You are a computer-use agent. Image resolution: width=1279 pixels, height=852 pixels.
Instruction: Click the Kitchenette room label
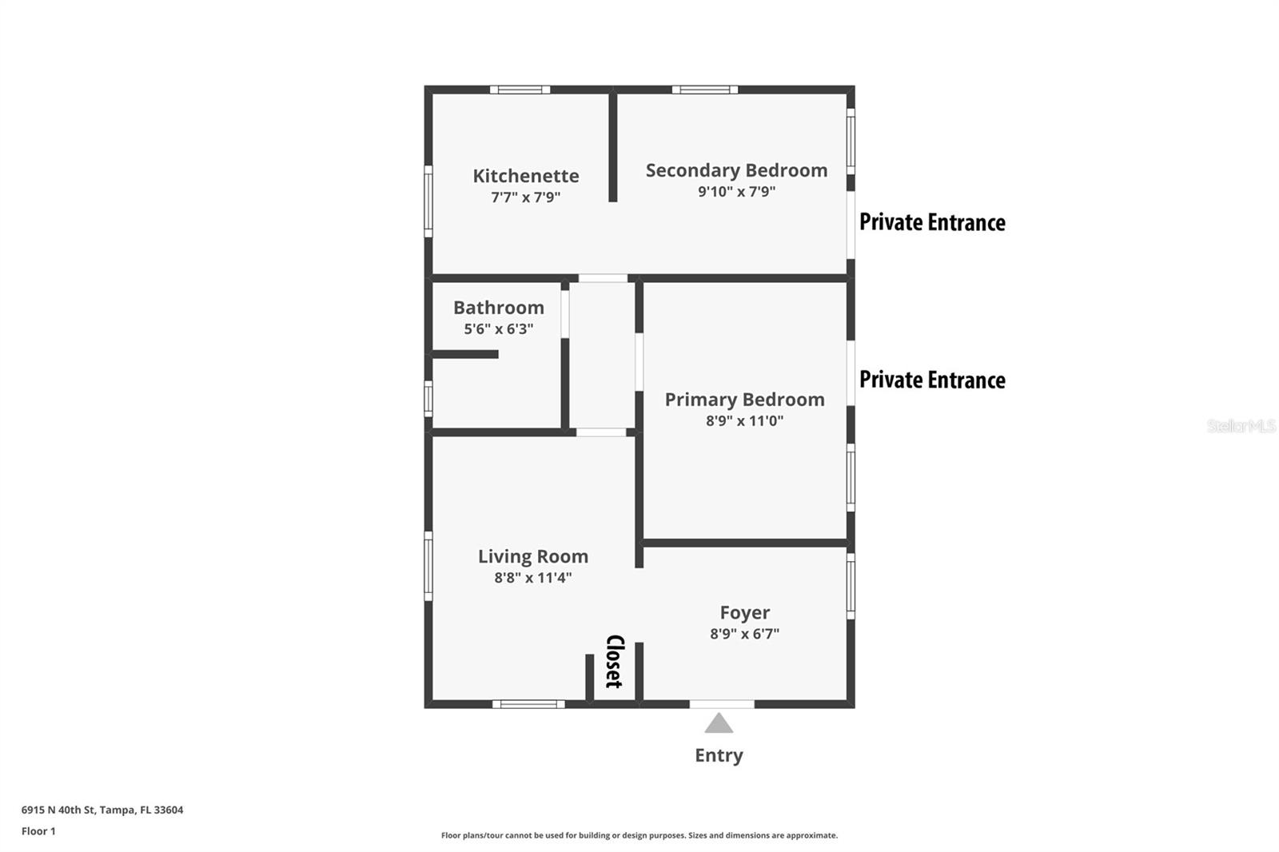(x=525, y=176)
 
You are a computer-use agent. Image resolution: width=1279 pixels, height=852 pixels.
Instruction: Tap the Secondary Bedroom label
(x=736, y=170)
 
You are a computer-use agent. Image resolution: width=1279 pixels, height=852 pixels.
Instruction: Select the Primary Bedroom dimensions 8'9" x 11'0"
(x=744, y=420)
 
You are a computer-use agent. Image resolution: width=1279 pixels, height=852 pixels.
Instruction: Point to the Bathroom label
(x=498, y=308)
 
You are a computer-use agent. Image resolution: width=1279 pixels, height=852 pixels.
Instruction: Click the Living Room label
(x=532, y=556)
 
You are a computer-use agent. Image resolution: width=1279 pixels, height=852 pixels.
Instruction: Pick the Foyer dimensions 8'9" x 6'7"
(x=744, y=634)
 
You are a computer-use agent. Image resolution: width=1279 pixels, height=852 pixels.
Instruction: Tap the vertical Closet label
(x=614, y=661)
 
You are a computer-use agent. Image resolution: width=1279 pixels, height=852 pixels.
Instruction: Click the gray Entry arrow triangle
(x=719, y=723)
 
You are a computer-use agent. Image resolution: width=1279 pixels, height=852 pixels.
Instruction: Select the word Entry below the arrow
(x=719, y=755)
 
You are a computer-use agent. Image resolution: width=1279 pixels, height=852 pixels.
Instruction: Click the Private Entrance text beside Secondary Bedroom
(x=932, y=222)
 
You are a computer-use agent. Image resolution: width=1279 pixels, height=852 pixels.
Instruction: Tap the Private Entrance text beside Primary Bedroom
(x=932, y=380)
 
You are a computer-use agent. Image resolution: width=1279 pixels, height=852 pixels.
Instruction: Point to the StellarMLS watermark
(x=1241, y=426)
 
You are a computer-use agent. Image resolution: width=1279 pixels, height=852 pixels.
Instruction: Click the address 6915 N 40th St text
(x=102, y=810)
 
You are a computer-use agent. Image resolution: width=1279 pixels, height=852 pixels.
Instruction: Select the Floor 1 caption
(x=38, y=831)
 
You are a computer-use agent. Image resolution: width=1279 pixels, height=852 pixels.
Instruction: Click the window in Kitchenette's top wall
(x=520, y=90)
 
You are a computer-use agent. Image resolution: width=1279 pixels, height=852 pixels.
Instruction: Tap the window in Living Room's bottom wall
(x=528, y=704)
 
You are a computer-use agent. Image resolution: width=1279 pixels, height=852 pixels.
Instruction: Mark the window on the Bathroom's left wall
(x=428, y=398)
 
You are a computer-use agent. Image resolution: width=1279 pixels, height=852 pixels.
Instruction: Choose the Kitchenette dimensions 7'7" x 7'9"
(x=525, y=197)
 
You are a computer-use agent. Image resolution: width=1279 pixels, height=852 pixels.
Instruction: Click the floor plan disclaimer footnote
(x=639, y=835)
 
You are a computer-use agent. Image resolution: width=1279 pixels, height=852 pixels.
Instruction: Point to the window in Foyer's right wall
(x=851, y=586)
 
